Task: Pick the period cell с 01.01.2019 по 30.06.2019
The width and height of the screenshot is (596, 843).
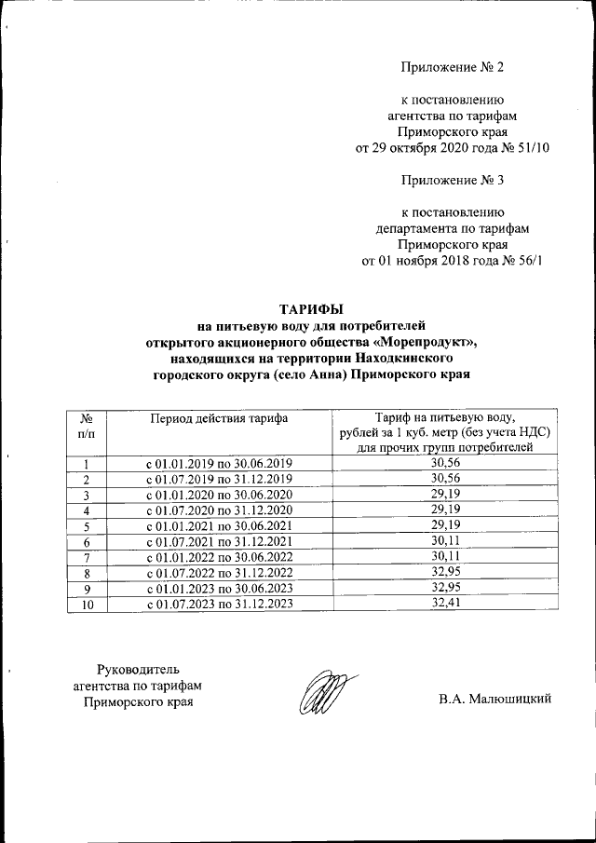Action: click(x=220, y=463)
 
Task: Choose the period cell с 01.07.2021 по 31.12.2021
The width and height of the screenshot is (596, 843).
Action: click(x=220, y=542)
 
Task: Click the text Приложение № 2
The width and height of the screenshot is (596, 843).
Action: click(x=452, y=67)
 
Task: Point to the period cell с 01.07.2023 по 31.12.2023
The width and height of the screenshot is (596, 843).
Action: click(x=220, y=603)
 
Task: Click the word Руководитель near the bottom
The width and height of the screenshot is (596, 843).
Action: click(x=138, y=668)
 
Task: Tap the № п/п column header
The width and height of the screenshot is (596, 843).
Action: click(x=86, y=427)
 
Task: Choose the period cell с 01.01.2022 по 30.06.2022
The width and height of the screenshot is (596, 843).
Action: click(x=220, y=557)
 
